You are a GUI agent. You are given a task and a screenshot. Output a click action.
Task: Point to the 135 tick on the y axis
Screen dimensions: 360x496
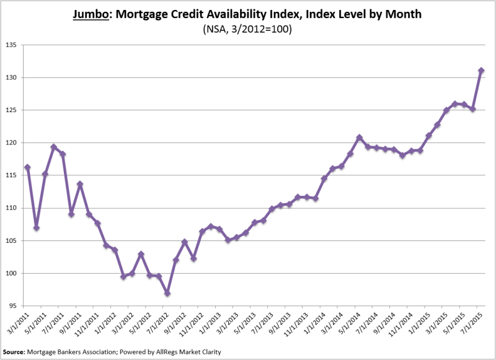tap(13, 45)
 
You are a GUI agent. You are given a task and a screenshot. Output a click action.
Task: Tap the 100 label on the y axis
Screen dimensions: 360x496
tap(13, 273)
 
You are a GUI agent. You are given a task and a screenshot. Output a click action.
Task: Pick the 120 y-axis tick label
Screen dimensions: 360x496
tap(13, 143)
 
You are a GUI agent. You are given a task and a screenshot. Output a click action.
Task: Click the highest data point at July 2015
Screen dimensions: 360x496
tap(481, 71)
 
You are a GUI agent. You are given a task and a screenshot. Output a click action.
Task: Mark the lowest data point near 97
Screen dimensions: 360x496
tap(167, 293)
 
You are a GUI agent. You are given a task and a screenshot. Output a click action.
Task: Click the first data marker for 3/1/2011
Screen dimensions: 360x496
tap(27, 167)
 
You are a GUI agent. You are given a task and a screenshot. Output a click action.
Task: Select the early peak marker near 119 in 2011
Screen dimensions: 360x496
tap(54, 147)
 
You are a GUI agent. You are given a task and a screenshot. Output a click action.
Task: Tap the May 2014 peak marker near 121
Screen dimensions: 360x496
tap(359, 137)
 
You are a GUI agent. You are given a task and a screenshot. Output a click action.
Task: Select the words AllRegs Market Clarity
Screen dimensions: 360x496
tap(193, 351)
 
